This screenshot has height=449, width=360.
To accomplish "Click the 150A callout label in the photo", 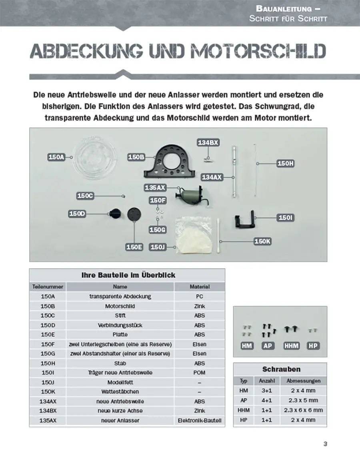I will (56, 157).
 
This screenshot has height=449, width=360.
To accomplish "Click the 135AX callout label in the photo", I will (155, 187).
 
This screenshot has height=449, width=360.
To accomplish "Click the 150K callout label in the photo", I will (263, 241).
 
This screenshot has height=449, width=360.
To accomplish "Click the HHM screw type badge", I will (291, 345).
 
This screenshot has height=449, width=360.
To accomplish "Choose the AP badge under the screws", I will (268, 345).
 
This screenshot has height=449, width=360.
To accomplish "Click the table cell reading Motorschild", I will (120, 306).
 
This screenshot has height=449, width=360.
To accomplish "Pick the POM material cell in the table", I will (200, 373).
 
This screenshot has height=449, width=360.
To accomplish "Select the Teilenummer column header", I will (48, 287).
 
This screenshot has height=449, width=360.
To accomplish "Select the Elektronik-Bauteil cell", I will (200, 421).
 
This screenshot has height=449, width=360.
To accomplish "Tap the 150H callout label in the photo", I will (286, 163).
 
